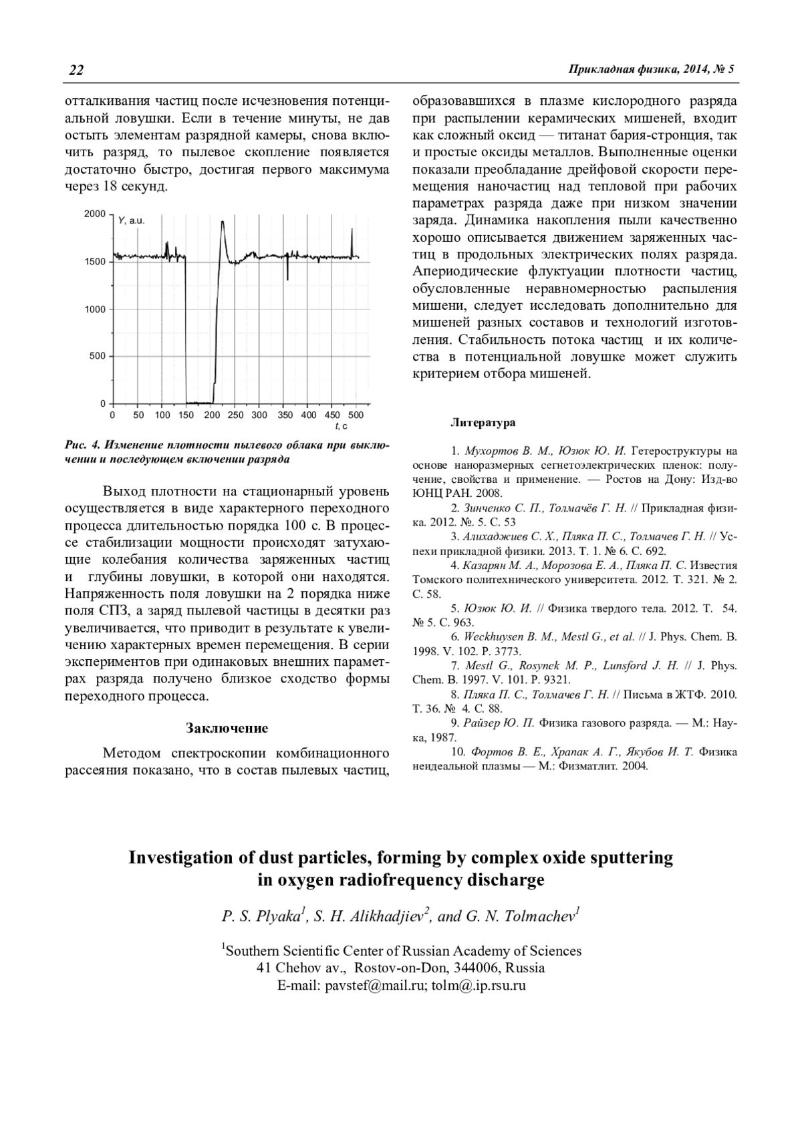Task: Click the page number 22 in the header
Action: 76,70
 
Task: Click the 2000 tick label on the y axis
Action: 95,214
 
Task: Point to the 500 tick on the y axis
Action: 98,356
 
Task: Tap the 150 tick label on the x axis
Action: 186,415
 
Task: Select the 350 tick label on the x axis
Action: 285,415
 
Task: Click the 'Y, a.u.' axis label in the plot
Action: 131,220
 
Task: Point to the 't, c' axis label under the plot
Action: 340,426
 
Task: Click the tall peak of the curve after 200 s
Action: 223,223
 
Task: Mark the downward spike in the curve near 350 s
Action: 287,275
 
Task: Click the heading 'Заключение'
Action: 227,728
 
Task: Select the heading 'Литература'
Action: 483,423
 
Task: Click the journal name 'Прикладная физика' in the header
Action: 621,69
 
